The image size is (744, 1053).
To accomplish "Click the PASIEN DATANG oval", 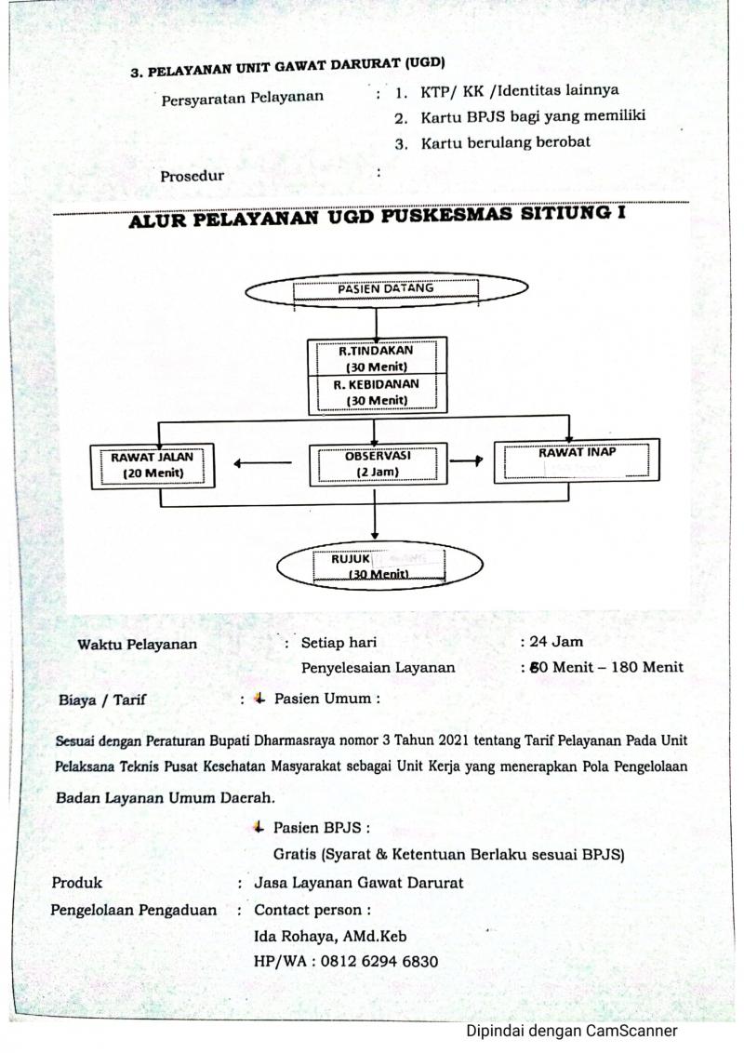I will pos(386,289).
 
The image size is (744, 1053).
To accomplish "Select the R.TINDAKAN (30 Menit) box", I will pos(377,357).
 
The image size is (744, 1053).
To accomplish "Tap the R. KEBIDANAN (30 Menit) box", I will pos(377,392).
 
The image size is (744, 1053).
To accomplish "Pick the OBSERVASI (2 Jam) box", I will pos(378,463).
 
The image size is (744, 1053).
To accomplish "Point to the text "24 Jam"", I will pos(555,641).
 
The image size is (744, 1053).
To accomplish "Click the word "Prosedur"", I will pos(192,175).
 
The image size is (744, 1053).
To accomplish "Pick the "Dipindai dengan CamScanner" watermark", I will pos(572,1031).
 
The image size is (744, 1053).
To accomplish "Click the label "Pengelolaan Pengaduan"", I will pos(133,910).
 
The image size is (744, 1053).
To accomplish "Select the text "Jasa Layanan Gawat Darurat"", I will pos(358,883).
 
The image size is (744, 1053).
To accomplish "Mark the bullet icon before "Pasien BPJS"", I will pos(258,826).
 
